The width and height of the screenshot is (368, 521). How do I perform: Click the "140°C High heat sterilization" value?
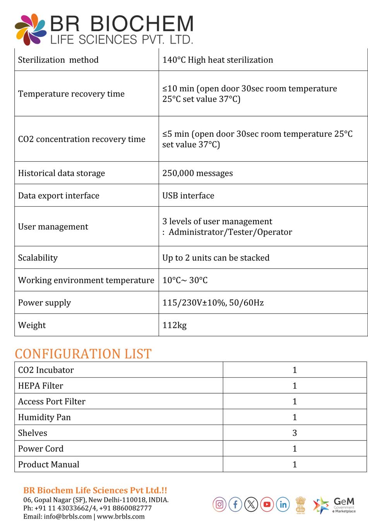217,60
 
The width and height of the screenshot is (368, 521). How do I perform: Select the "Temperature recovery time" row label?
71,94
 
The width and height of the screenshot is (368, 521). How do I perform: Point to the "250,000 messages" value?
197,173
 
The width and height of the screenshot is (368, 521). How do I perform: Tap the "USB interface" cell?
188,196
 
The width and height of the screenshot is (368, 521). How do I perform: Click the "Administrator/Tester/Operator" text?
230,232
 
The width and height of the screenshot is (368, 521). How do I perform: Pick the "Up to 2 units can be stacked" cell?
216,258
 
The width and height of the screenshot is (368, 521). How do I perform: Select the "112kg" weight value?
174,325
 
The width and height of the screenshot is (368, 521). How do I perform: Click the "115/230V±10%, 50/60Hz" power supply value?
213,303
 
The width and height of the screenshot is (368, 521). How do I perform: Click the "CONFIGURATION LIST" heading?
83,354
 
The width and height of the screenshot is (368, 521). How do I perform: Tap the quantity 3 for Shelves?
294,433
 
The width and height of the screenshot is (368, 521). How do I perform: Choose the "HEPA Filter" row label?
41,386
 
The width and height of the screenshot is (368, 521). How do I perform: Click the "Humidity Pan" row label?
45,417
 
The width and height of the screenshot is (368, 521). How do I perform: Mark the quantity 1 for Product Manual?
294,464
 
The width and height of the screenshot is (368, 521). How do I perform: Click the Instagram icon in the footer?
219,504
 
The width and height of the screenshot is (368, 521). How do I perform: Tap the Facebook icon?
235,504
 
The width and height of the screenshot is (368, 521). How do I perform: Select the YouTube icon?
267,504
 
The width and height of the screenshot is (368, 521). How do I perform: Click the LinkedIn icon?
283,504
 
